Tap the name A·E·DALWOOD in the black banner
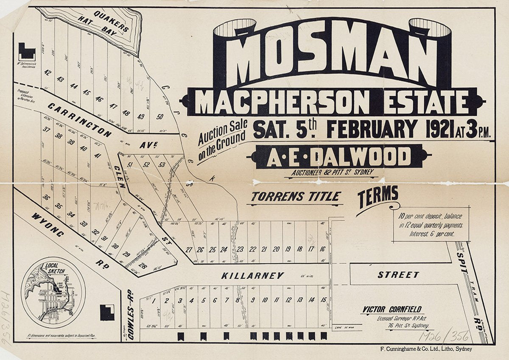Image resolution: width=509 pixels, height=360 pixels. click(338, 157)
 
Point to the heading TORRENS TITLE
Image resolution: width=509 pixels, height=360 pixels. click(296, 196)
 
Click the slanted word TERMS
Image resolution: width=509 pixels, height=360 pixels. click(378, 197)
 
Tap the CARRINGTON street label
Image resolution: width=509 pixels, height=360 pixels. click(79, 120)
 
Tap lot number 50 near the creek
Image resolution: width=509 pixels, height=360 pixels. click(160, 116)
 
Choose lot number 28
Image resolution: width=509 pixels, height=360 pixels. click(143, 266)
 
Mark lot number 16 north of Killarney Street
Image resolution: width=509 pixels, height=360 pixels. click(323, 249)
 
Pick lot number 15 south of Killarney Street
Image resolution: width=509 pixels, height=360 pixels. click(323, 300)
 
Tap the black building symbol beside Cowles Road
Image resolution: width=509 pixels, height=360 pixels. click(107, 313)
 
